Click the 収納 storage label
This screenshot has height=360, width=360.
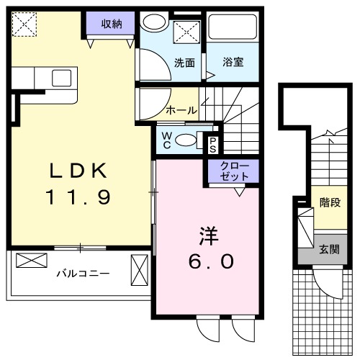pyautogui.click(x=111, y=24)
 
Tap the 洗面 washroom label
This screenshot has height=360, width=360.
pyautogui.click(x=184, y=62)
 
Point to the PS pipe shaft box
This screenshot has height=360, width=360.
pyautogui.click(x=213, y=143)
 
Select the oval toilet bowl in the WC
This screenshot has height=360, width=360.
pyautogui.click(x=186, y=140)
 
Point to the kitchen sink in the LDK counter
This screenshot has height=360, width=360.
pyautogui.click(x=61, y=78)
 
